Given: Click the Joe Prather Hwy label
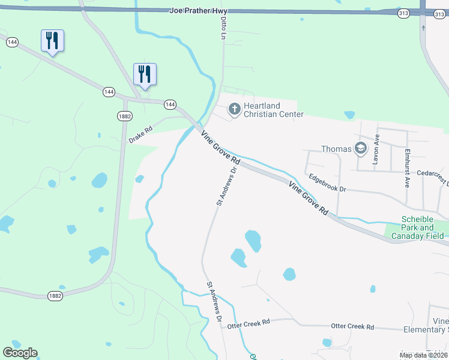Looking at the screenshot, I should click(x=191, y=10).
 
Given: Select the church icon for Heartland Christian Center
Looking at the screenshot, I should click(x=234, y=110).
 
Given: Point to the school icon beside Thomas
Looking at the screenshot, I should click(x=361, y=148).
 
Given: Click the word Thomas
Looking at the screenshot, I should click(x=336, y=149).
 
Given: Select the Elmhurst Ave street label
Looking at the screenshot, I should click(x=407, y=168).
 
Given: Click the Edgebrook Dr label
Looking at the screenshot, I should click(x=327, y=182).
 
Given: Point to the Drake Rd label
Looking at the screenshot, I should click(x=140, y=134).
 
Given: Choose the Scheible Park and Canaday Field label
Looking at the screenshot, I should click(x=418, y=228).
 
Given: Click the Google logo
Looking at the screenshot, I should click(x=20, y=353).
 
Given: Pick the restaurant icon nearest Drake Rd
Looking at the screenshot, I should click(x=145, y=74).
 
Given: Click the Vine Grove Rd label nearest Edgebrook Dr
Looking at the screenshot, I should click(x=309, y=199).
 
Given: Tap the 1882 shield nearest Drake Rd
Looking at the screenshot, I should click(x=124, y=116).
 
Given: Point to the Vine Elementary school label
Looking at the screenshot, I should click(x=440, y=325).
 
